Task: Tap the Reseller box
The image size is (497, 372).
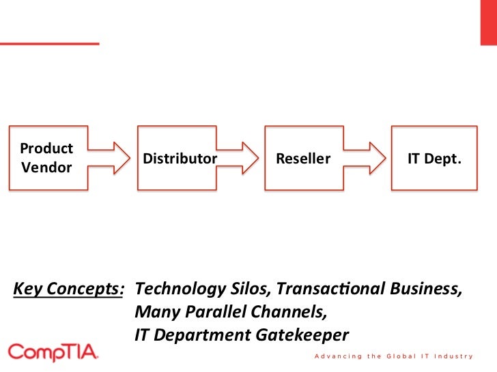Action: tap(303, 157)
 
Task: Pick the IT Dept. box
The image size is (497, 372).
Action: tap(434, 157)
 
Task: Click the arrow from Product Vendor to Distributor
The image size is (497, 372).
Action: tap(112, 157)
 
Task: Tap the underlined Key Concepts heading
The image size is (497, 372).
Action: tap(68, 289)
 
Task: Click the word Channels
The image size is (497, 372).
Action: tap(287, 312)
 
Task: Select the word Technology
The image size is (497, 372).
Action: tap(180, 289)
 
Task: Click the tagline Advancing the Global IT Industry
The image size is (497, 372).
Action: tap(393, 356)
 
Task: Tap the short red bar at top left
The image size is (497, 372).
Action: tap(49, 44)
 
